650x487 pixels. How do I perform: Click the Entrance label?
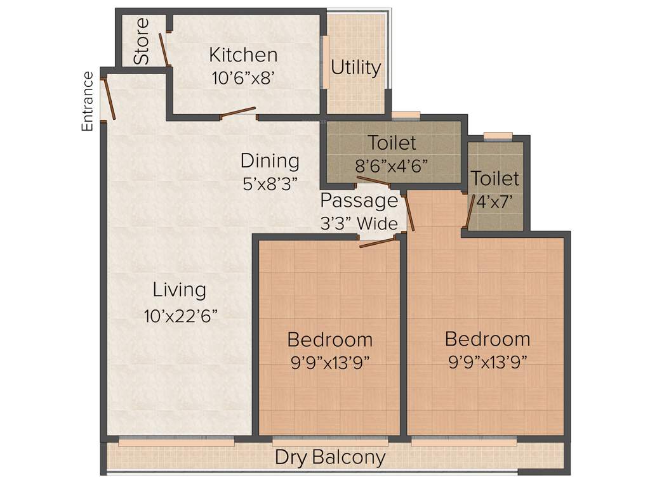click(x=88, y=101)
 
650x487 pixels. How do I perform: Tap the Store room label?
click(x=142, y=41)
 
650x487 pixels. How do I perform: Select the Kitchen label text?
click(x=243, y=55)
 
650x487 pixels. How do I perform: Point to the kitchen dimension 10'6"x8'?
click(x=243, y=78)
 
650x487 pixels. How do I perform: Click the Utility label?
click(x=356, y=68)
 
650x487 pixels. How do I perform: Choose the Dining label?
click(x=270, y=160)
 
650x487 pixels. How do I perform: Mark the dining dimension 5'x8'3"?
click(x=270, y=184)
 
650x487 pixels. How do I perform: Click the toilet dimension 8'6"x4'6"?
click(x=392, y=166)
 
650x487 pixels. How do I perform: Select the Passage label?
click(x=359, y=201)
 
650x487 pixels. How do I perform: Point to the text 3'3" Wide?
click(x=359, y=223)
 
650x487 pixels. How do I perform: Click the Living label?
click(x=180, y=290)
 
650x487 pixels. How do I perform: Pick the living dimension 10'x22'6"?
click(x=180, y=316)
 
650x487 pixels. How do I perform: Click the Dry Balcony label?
click(x=330, y=457)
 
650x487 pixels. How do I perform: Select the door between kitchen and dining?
click(x=238, y=113)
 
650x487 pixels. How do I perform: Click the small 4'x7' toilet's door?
click(x=469, y=211)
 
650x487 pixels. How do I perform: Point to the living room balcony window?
click(x=176, y=442)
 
